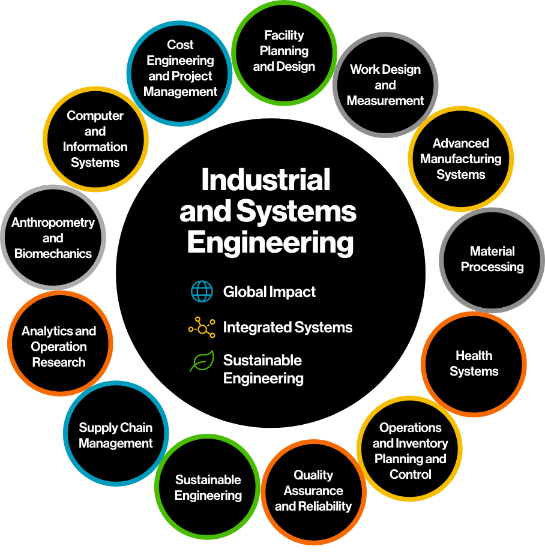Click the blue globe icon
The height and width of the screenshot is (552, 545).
tap(202, 292)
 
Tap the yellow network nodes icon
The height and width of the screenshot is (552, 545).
tap(202, 328)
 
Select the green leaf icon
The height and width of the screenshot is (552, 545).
tap(202, 361)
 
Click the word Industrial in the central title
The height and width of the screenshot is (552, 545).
tap(266, 179)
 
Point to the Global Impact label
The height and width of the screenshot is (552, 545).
tap(269, 292)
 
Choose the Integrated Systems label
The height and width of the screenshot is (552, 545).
tap(288, 328)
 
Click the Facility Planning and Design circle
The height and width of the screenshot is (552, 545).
tap(284, 53)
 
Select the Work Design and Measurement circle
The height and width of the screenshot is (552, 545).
tap(385, 85)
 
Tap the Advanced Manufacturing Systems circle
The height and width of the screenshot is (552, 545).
tap(461, 159)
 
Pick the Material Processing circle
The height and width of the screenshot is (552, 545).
tap(492, 260)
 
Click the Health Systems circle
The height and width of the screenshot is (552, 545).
tap(474, 364)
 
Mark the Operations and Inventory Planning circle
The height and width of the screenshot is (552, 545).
tap(409, 449)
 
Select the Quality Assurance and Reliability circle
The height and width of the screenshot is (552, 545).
tap(314, 492)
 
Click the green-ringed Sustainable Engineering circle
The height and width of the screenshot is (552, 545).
tap(207, 487)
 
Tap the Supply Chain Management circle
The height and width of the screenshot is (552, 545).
tap(116, 433)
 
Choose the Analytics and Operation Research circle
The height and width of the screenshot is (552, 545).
tap(60, 343)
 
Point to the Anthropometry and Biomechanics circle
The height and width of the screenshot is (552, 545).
tap(53, 238)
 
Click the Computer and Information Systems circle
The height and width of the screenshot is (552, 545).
tap(95, 139)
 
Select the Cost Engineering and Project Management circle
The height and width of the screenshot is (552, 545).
tap(179, 73)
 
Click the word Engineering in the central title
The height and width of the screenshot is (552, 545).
tap(270, 243)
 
